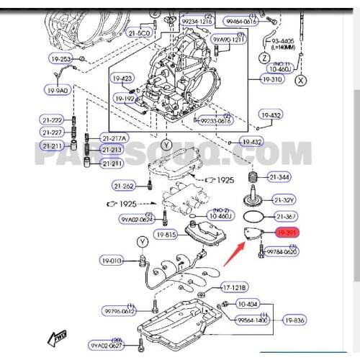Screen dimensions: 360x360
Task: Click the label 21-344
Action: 281,176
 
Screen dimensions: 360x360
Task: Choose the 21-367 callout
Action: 281,216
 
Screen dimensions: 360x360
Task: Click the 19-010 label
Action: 112,261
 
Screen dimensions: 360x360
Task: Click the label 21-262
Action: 124,186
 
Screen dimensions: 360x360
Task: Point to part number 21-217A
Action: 113,138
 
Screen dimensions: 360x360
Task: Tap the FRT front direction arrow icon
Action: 56,336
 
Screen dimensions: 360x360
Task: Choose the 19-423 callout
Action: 122,78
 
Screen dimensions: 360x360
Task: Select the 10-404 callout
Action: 247,305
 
